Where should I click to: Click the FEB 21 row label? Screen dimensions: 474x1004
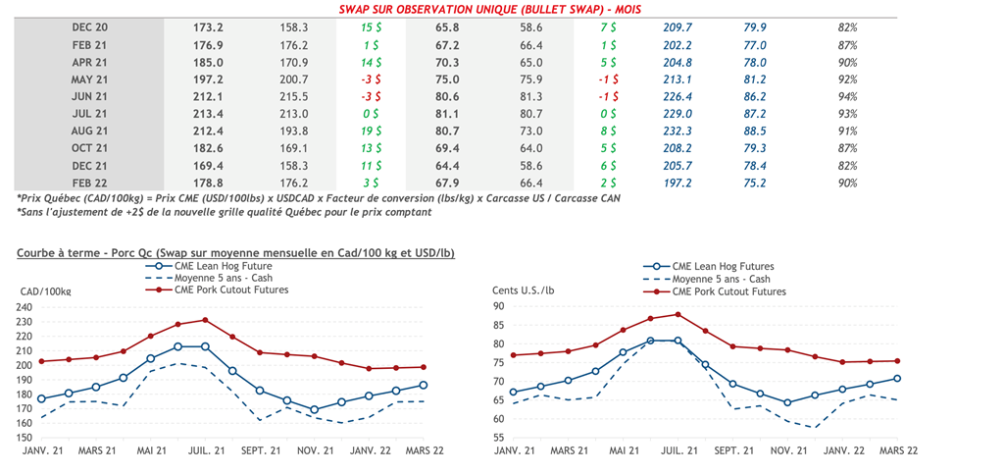tap(89, 45)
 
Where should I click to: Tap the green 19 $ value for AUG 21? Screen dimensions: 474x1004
tap(371, 131)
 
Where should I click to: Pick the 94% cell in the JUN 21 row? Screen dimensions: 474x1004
tap(847, 96)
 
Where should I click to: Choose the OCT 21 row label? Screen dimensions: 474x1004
tap(89, 148)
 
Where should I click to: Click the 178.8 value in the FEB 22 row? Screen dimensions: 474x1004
tap(208, 183)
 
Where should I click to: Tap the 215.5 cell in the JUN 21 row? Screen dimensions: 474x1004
tap(293, 96)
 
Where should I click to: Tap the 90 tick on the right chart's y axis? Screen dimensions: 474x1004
tap(497, 307)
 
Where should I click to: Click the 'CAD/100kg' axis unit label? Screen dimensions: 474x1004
tap(45, 291)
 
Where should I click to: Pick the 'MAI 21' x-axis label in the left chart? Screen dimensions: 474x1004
tap(152, 451)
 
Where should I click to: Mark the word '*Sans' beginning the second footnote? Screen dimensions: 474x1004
tap(30, 213)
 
